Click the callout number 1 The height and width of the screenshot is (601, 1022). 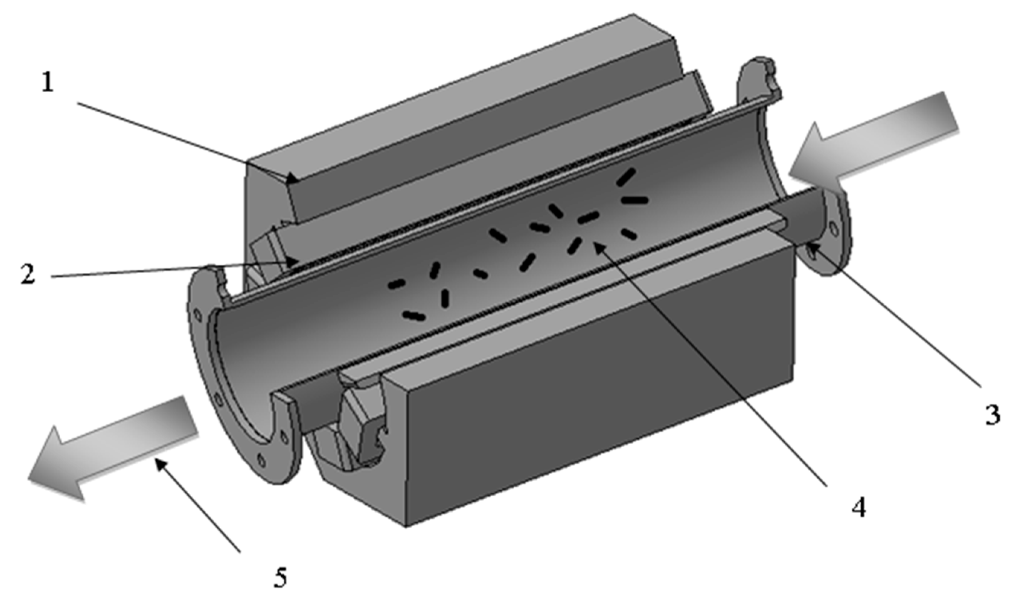point(48,83)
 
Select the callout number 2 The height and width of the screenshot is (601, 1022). point(28,274)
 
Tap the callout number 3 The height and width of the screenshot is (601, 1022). point(992,415)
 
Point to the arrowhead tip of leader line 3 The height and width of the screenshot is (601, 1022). point(807,245)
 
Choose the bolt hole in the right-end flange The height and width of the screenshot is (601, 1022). point(834,229)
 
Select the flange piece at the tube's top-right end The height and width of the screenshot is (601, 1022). point(758,81)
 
